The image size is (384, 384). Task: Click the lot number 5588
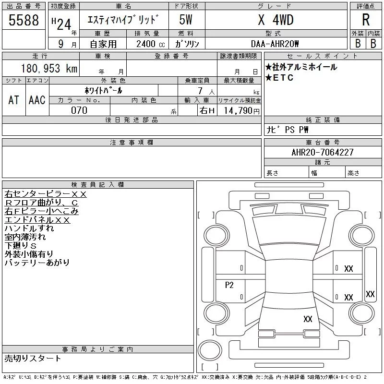coord(24,20)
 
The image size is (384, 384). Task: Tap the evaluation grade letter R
coord(366,20)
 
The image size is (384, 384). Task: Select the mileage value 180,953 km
coord(49,68)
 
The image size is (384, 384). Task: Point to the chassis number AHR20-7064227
coord(323,152)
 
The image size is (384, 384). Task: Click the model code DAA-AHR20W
coord(275,44)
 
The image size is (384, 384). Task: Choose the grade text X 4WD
coord(276,20)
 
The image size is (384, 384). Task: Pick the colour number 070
coord(79,110)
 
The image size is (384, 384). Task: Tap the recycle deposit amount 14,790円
coord(241,111)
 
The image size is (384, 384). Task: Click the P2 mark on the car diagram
coord(229,285)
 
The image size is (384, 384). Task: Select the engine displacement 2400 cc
coord(151,44)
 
